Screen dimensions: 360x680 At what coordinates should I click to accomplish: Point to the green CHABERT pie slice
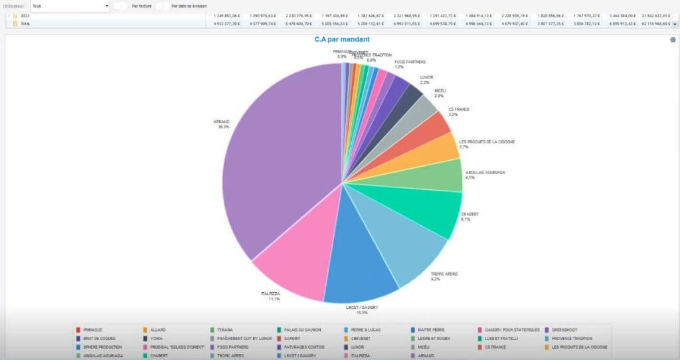click(x=432, y=213)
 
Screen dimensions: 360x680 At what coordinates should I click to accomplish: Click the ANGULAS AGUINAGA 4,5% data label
click(x=485, y=175)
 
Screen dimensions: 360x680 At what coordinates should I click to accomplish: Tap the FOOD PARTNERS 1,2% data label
click(x=408, y=64)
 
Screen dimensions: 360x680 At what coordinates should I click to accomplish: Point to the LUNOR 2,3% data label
click(x=426, y=80)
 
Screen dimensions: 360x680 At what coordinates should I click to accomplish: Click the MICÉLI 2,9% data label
click(x=440, y=94)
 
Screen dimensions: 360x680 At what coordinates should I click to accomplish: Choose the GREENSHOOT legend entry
click(x=564, y=329)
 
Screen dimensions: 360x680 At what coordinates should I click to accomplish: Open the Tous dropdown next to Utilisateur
click(x=70, y=6)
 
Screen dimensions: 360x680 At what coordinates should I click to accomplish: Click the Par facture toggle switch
click(x=121, y=6)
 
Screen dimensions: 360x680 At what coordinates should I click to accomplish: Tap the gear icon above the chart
click(x=673, y=40)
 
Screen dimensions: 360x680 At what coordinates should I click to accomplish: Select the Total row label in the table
click(x=25, y=23)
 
